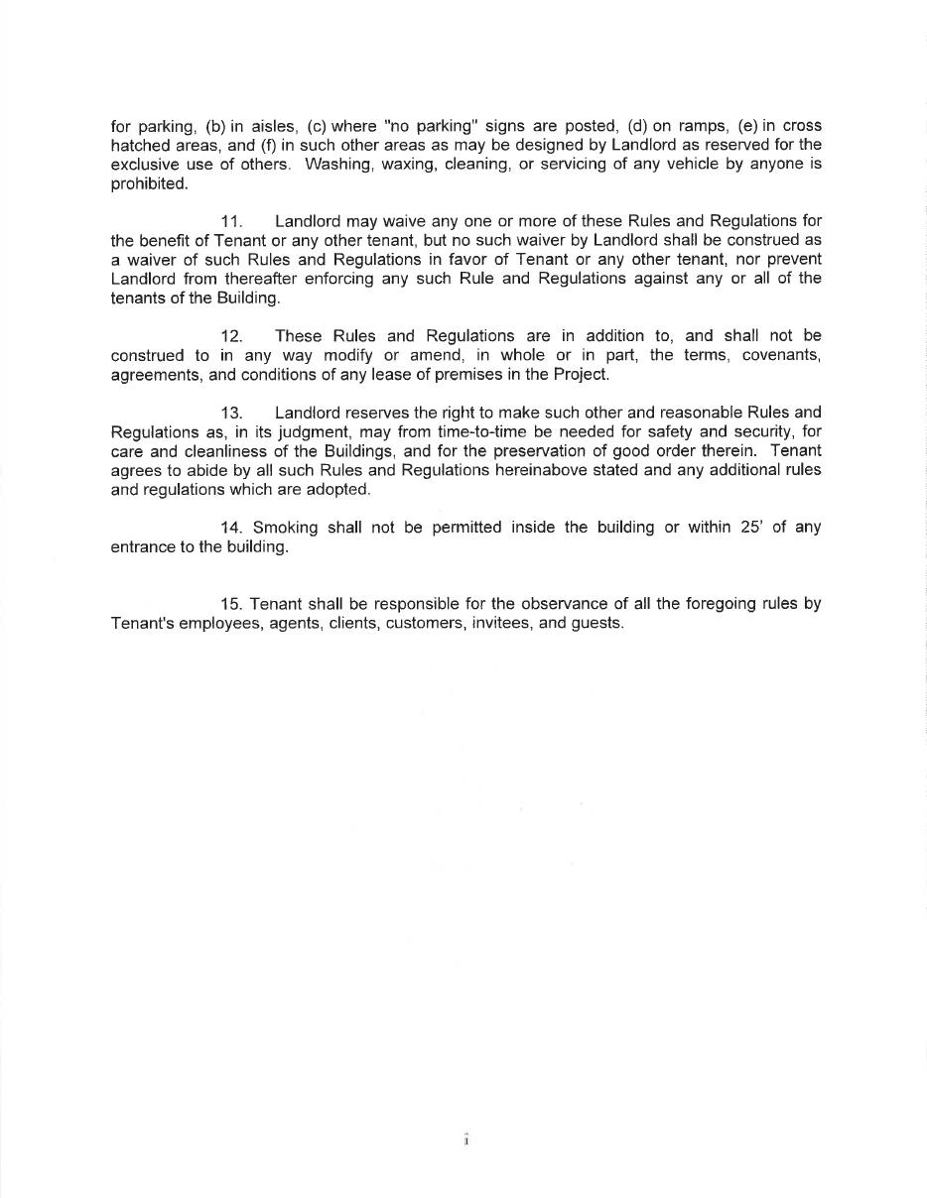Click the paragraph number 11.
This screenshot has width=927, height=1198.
click(x=231, y=221)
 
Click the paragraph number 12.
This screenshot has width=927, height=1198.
click(x=231, y=336)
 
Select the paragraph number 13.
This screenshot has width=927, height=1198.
click(x=231, y=413)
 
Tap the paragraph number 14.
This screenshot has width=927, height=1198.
click(x=232, y=528)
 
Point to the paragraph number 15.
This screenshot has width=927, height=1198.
click(x=232, y=604)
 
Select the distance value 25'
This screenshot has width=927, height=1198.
click(x=749, y=528)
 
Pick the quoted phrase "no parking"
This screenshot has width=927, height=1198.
click(x=426, y=126)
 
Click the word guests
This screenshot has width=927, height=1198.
click(x=597, y=624)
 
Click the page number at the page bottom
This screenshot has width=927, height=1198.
click(x=464, y=1140)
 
